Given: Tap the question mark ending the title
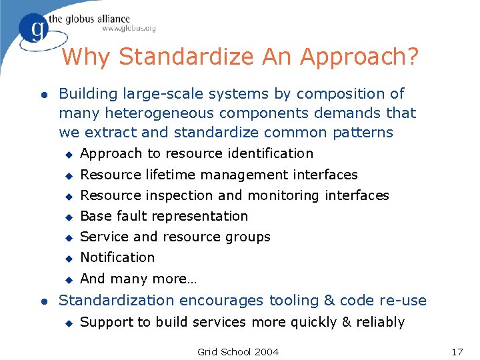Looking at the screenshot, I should coord(413,57).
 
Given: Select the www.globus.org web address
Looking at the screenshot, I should coord(129,29).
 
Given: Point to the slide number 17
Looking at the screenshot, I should coord(457,351).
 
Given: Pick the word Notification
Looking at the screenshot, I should coord(117,257).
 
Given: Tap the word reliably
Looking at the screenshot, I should coord(381,322).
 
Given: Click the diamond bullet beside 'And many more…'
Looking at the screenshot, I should coord(67,279).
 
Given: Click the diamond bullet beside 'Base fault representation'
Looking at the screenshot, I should coord(67,217).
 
